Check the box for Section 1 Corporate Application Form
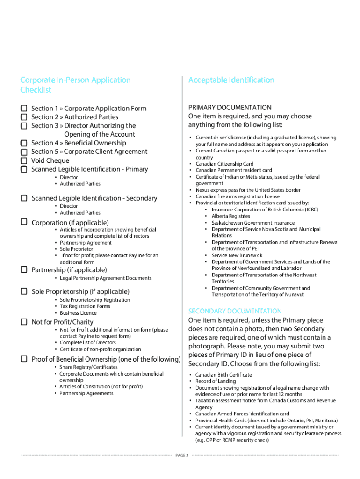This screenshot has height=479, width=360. coord(23,108)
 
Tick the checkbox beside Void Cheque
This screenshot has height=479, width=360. coord(23,160)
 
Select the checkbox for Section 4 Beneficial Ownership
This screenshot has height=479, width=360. coord(23,143)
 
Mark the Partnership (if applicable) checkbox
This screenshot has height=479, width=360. coord(23,269)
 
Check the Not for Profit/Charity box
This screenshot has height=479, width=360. coord(23,322)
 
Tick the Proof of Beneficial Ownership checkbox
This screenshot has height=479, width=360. coord(23,359)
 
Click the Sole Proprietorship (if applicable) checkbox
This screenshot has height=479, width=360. coord(23,291)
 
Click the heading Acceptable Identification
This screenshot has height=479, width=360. coord(231,80)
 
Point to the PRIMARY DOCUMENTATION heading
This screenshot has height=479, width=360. coord(230,108)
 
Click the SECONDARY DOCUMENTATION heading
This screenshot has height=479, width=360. coord(235,311)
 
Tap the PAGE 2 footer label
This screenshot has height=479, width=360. coord(182,456)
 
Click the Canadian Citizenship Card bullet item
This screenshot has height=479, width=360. coord(224,164)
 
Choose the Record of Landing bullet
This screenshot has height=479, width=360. coord(216,381)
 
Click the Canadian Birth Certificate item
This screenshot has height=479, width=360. coord(223,375)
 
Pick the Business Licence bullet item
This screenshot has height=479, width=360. coord(78,313)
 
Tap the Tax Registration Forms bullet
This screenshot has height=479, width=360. coord(85,306)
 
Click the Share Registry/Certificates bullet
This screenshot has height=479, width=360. coord(88,367)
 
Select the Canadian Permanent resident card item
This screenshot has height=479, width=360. coord(233,170)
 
